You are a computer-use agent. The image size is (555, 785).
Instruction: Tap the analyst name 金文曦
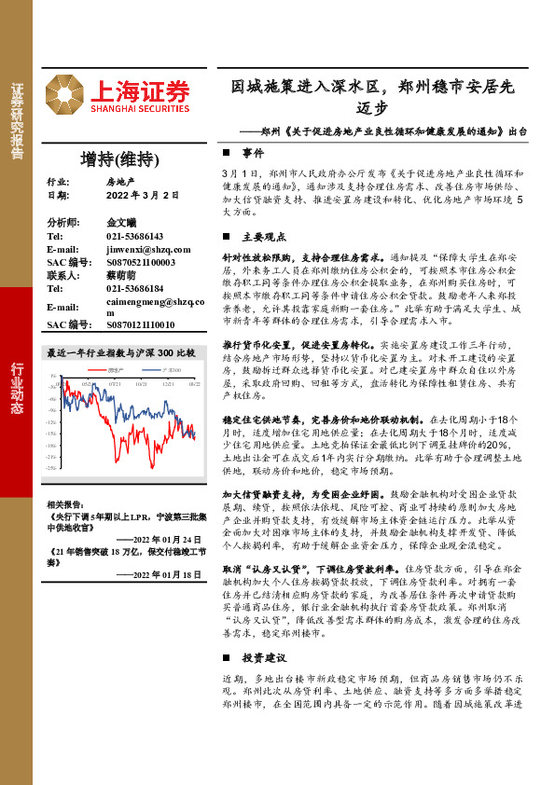[x=122, y=224]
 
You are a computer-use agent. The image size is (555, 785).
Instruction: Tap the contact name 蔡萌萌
[x=122, y=276]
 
